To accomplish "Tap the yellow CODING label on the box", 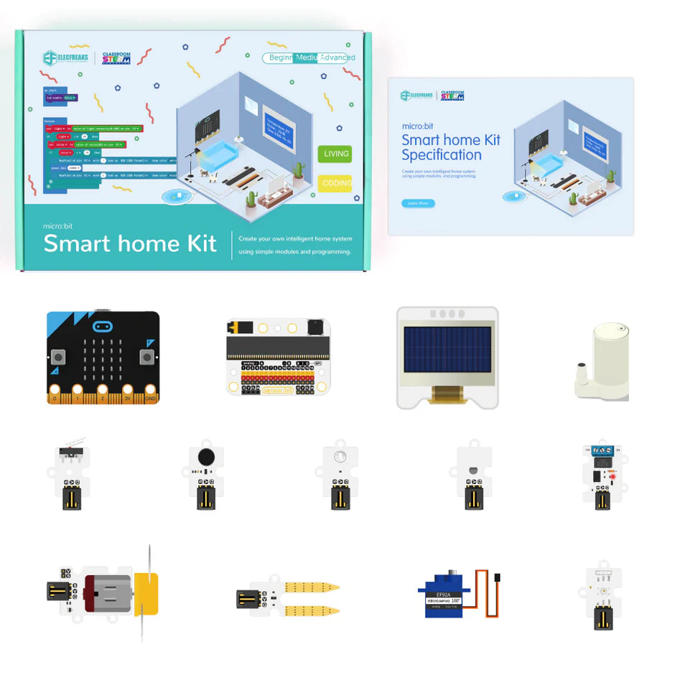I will [x=335, y=183].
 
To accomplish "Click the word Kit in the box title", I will [x=192, y=243].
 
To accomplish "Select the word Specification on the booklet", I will [x=442, y=155].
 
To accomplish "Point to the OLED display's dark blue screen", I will [x=447, y=353].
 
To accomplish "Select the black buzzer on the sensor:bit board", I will [x=315, y=327].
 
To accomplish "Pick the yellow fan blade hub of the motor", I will [x=148, y=593].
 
